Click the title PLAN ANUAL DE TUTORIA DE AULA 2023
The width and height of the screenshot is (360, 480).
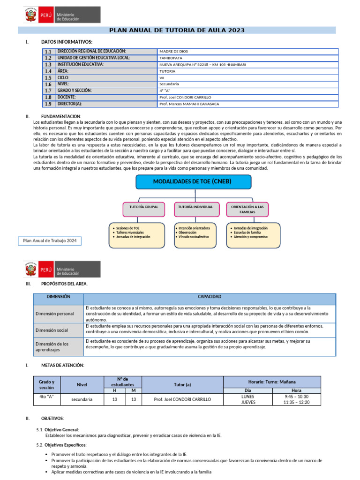[177, 30]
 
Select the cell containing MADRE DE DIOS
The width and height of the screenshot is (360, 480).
[173, 52]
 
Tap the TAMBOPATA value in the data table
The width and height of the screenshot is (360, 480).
[172, 58]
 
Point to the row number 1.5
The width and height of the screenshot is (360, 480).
[48, 78]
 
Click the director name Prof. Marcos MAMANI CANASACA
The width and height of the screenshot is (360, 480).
[189, 104]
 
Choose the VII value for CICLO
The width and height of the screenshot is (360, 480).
[162, 78]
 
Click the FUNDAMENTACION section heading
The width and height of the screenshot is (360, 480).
[61, 116]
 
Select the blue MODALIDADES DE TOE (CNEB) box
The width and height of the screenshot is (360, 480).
[193, 182]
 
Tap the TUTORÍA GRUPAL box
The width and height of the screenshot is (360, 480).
[143, 207]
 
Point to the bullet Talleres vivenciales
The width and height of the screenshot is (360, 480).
[130, 232]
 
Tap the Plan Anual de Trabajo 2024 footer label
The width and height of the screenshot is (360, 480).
[49, 241]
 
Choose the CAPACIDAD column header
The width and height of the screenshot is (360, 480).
[210, 297]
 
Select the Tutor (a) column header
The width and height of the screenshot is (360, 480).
[182, 384]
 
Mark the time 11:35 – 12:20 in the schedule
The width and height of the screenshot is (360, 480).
[296, 402]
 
